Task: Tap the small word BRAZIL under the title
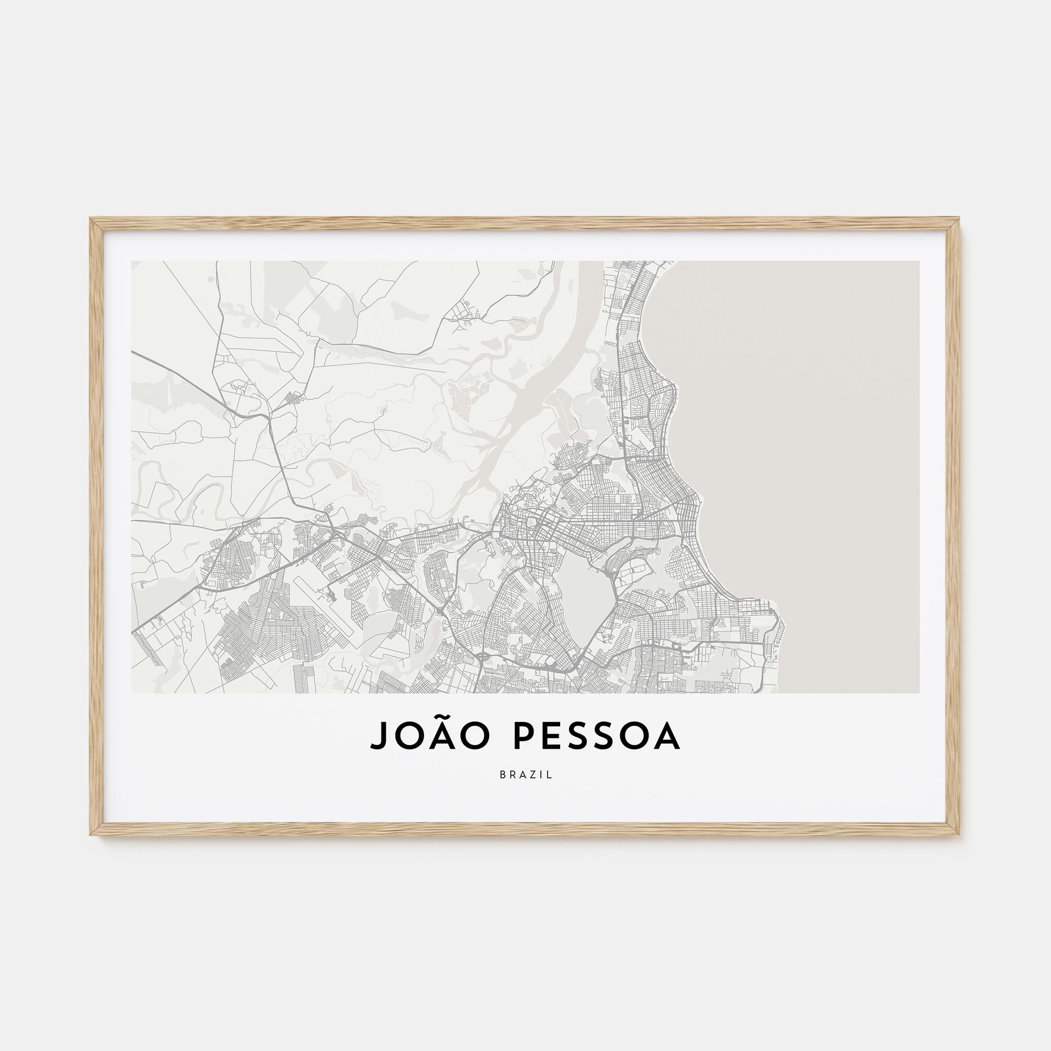525,775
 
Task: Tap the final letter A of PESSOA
668,736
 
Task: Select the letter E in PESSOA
552,736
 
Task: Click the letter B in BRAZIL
502,775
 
